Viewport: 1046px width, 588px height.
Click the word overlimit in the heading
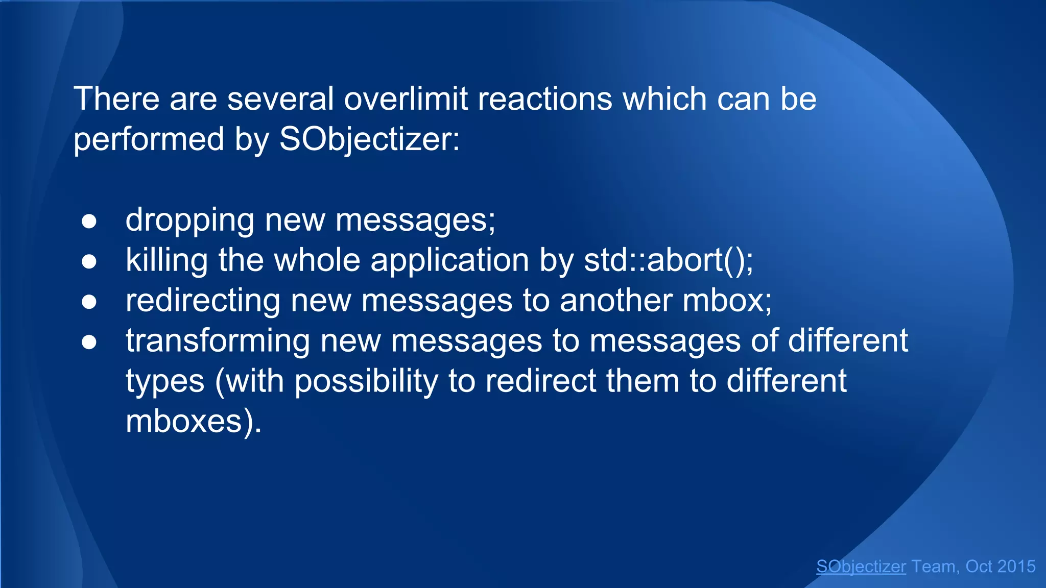(x=406, y=99)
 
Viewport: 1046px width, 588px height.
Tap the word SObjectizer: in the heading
(x=369, y=139)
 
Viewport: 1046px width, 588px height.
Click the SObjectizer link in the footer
(x=861, y=566)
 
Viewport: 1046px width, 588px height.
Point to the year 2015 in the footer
(x=1016, y=566)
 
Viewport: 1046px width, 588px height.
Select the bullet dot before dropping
(x=89, y=221)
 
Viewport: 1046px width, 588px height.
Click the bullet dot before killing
(x=89, y=261)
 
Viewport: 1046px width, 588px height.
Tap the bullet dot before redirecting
(x=89, y=302)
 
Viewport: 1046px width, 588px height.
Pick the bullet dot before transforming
(x=89, y=342)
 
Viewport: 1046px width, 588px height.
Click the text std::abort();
(x=668, y=260)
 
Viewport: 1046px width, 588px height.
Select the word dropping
(x=189, y=221)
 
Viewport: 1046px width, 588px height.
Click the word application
(x=449, y=260)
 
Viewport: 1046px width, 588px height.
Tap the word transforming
(x=218, y=341)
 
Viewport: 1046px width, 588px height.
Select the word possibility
(x=366, y=381)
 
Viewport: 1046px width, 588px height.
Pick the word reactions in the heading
(x=544, y=99)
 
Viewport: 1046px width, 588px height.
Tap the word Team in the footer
(x=934, y=566)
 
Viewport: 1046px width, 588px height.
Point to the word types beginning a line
(x=164, y=382)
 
